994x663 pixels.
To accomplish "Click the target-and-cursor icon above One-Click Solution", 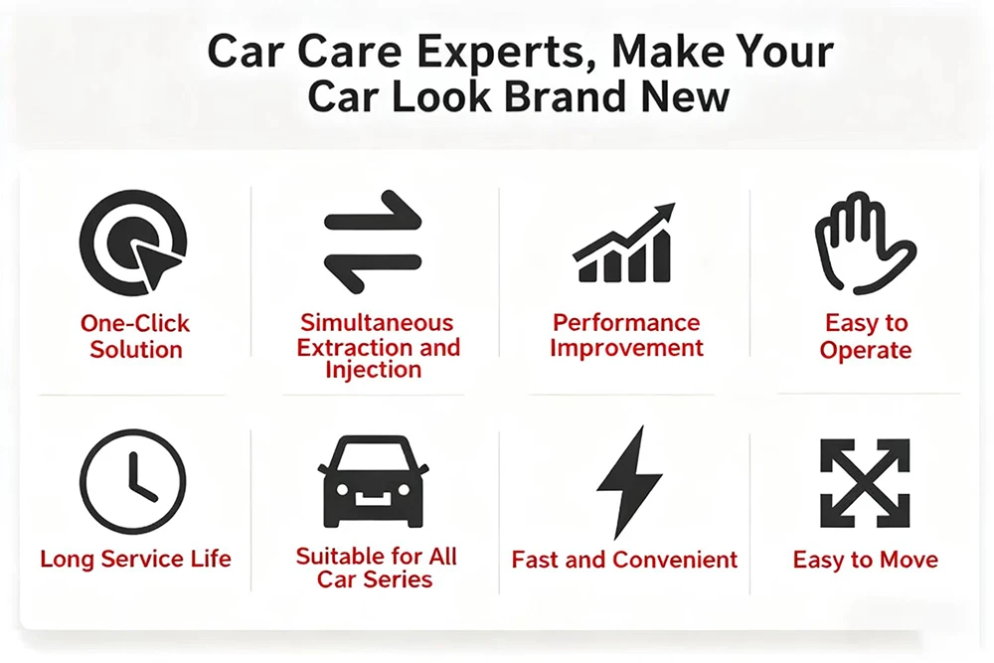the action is point(133,243).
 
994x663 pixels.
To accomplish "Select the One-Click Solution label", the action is point(135,337).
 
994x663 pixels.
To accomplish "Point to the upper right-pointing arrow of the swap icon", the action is point(373,212).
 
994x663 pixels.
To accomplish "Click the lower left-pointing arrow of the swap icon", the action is point(373,272).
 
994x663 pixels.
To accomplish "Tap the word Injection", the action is point(374,370).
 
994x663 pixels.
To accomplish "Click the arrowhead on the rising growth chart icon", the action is point(665,212).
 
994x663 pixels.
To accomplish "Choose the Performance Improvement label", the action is point(626,335).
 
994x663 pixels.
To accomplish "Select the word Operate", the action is point(866,351).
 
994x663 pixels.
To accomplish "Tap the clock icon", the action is point(133,482).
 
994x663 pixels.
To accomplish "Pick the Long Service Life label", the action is point(135,559).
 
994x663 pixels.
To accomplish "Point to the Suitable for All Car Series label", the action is point(376,568).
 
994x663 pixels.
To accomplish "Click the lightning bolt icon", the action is point(629,483).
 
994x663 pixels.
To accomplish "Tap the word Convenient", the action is point(675,560).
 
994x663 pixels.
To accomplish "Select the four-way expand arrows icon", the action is point(865,483).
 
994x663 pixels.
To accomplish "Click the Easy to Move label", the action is point(866,560).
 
